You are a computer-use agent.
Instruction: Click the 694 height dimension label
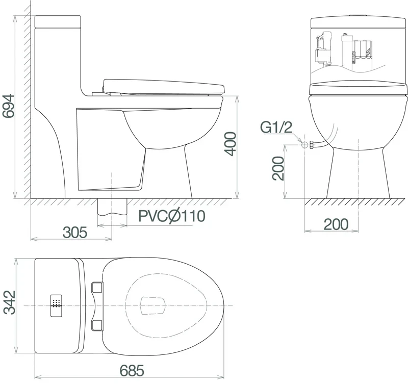pyautogui.click(x=8, y=106)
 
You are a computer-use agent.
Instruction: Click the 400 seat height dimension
pyautogui.click(x=231, y=144)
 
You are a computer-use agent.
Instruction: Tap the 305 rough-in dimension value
pyautogui.click(x=75, y=233)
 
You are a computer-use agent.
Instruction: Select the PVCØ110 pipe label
pyautogui.click(x=172, y=216)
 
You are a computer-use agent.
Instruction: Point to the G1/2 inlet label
pyautogui.click(x=276, y=127)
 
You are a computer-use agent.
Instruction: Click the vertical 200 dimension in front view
pyautogui.click(x=278, y=168)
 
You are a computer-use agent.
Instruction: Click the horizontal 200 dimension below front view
pyautogui.click(x=336, y=224)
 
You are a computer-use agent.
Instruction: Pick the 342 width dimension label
pyautogui.click(x=9, y=302)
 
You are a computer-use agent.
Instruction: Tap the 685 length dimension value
pyautogui.click(x=132, y=370)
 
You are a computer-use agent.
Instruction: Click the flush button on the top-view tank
pyautogui.click(x=56, y=305)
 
